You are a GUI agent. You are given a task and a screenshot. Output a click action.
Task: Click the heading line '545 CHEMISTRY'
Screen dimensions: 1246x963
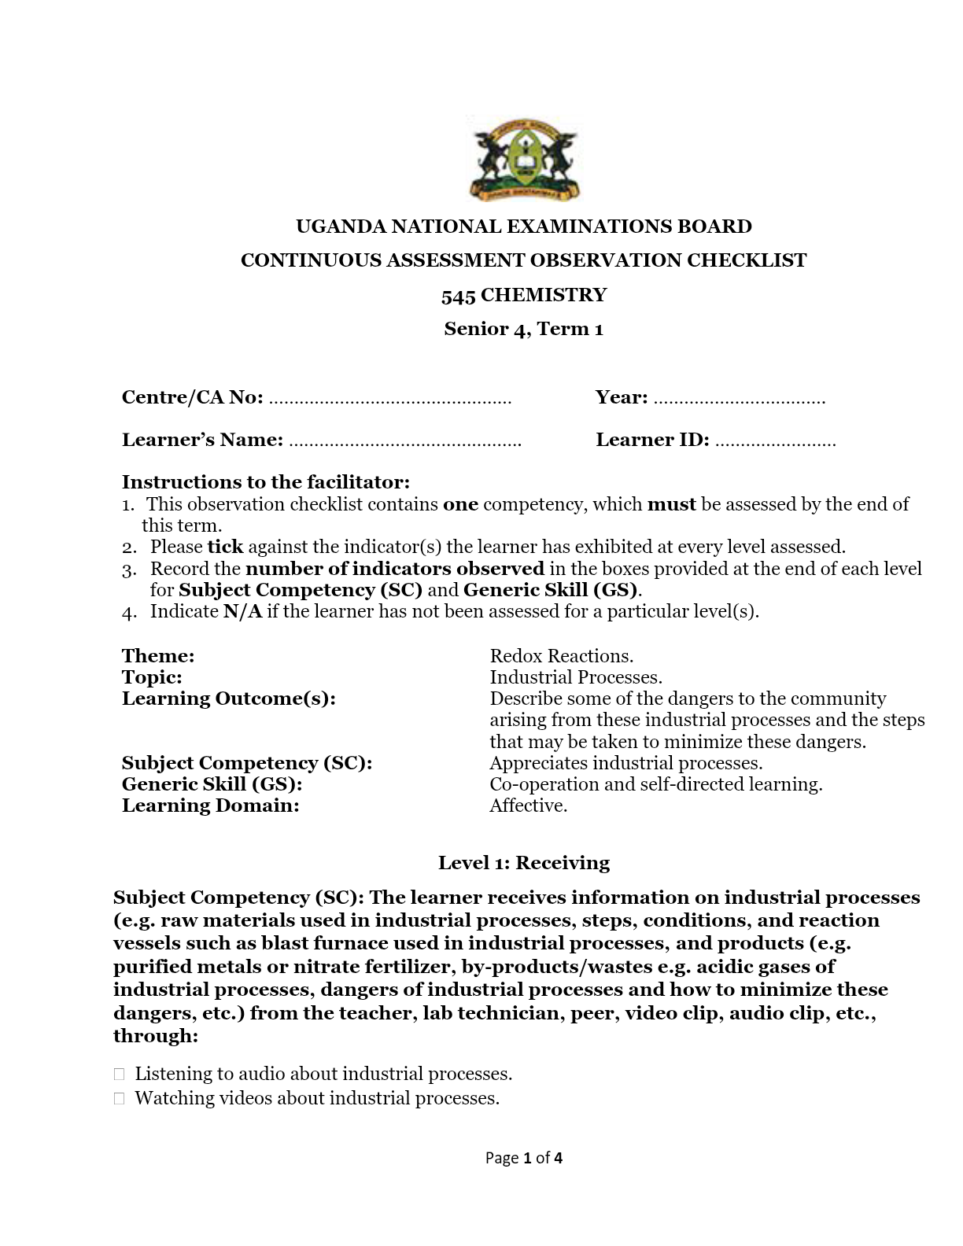tap(524, 295)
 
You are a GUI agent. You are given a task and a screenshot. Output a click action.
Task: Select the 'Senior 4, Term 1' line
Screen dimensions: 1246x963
tap(524, 329)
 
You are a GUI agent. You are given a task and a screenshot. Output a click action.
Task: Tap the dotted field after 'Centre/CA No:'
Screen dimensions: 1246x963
tap(390, 400)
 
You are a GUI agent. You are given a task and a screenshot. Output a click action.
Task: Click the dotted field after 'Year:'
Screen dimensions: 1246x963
tap(740, 400)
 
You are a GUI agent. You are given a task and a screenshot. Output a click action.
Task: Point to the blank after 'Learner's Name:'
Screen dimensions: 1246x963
tap(405, 442)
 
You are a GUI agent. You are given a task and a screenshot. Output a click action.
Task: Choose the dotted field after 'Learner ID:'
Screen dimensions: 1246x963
tap(776, 442)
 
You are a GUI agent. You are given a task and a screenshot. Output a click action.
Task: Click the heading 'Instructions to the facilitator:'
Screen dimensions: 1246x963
tap(266, 481)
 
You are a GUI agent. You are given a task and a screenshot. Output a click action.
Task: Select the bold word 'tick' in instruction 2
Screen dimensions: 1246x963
tap(225, 547)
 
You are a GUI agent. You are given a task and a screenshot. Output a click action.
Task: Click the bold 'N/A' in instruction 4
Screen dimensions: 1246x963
tap(242, 611)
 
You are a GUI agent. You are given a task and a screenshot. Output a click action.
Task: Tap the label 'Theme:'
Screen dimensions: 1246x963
tap(158, 656)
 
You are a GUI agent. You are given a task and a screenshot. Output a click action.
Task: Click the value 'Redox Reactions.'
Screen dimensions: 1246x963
tap(562, 656)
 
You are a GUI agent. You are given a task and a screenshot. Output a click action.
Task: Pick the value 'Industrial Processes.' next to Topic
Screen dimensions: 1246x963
tap(576, 677)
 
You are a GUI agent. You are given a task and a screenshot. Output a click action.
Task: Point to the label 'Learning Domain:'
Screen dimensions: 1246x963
tap(211, 805)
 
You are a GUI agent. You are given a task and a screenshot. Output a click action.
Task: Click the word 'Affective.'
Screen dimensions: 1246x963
tap(529, 805)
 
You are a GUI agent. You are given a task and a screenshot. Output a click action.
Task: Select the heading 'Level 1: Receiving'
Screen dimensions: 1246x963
tap(524, 863)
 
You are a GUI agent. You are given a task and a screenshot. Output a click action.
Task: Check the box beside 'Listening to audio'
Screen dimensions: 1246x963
tap(119, 1074)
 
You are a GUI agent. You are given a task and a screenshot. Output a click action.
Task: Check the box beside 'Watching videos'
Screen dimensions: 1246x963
tap(119, 1099)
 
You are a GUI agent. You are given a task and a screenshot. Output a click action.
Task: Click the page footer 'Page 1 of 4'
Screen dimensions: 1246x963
tap(524, 1158)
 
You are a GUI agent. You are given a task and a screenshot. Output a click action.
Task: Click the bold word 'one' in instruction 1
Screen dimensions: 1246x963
tap(460, 504)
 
